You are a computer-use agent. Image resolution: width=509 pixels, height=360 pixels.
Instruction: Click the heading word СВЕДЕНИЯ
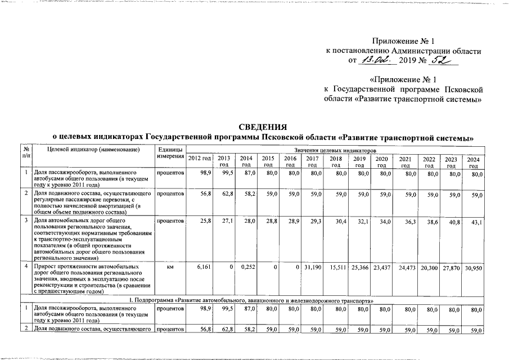point(260,127)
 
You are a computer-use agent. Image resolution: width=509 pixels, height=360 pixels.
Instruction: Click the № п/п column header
point(26,152)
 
